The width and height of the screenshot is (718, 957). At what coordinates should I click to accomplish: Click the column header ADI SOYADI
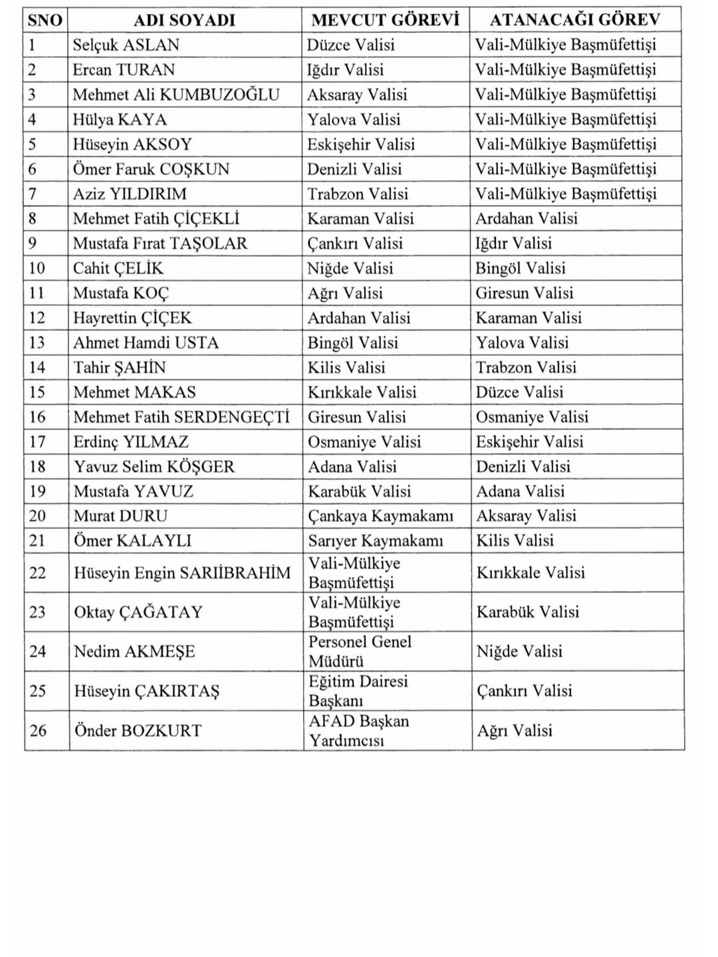(x=184, y=20)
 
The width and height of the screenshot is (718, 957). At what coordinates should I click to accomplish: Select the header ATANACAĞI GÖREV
(x=575, y=20)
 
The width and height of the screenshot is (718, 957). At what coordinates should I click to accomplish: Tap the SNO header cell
(x=45, y=20)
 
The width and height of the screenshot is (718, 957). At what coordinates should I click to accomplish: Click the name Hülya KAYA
(x=120, y=120)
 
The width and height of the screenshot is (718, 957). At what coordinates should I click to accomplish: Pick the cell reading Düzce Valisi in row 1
(x=350, y=45)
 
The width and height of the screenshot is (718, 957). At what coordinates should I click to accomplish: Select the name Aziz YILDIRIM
(x=130, y=194)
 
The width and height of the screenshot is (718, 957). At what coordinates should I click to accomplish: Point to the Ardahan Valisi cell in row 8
(x=526, y=219)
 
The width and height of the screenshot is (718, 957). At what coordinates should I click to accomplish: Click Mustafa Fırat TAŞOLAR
(x=160, y=243)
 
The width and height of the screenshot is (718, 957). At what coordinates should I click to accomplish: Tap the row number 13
(x=37, y=343)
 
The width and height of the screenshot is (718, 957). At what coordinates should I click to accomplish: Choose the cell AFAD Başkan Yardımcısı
(x=358, y=731)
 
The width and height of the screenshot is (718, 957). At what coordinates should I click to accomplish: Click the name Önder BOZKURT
(x=138, y=731)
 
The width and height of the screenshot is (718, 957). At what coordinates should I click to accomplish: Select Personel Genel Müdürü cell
(x=360, y=652)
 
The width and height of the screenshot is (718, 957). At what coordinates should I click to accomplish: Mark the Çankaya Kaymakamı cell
(x=380, y=516)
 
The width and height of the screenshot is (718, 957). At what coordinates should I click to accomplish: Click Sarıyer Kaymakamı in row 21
(x=375, y=541)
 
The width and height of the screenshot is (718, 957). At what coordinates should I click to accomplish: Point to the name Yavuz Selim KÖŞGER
(x=154, y=467)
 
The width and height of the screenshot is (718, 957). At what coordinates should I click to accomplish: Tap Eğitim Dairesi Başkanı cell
(x=358, y=691)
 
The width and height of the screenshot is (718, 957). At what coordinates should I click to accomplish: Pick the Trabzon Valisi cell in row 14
(x=526, y=368)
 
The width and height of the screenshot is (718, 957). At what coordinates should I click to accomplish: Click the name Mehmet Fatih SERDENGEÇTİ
(x=181, y=418)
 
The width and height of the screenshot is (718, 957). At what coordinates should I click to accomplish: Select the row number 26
(x=38, y=731)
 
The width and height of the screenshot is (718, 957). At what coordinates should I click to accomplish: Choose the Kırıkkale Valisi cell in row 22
(x=531, y=573)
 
